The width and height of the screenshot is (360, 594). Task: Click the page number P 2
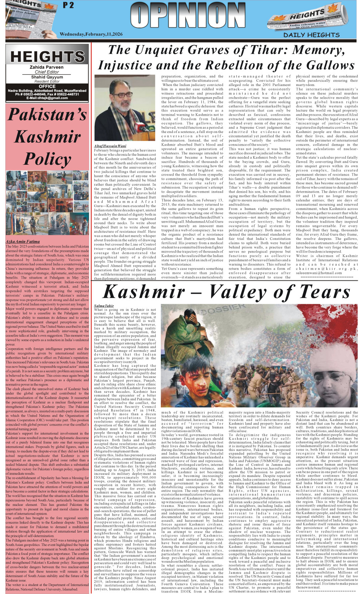pyautogui.click(x=68, y=5)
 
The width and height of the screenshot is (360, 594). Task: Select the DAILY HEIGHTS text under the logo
pyautogui.click(x=311, y=35)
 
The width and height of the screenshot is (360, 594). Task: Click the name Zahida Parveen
pyautogui.click(x=47, y=67)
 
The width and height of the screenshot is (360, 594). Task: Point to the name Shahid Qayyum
pyautogui.click(x=47, y=77)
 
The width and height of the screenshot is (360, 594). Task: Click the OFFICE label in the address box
pyautogui.click(x=47, y=86)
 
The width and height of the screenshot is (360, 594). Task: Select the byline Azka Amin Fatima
pyautogui.click(x=23, y=241)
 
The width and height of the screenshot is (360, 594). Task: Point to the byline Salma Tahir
pyautogui.click(x=104, y=306)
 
